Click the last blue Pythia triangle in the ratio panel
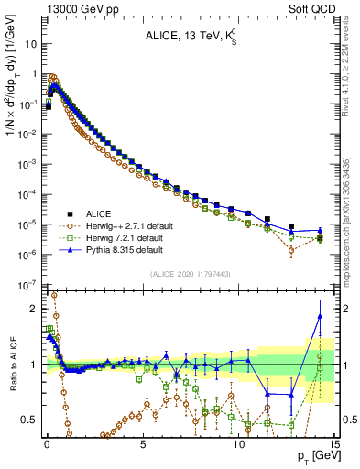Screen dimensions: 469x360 pos(320,317)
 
